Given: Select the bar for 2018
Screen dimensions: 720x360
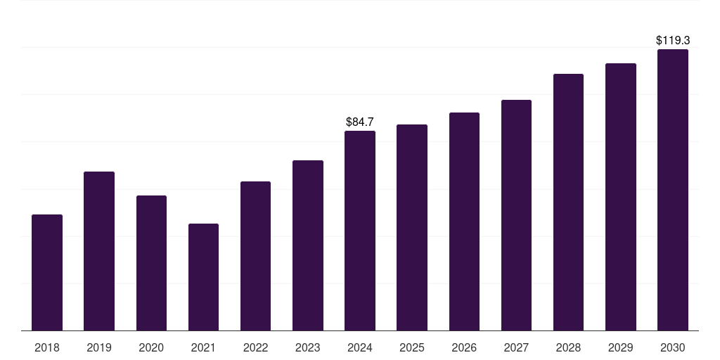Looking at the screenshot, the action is (x=47, y=272).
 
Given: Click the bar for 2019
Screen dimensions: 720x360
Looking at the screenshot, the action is (x=99, y=251).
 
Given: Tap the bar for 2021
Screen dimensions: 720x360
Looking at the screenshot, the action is (x=203, y=277).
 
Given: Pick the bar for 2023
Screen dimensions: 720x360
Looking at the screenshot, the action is (x=308, y=245).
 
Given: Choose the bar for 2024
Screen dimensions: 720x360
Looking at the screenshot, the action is (x=360, y=231).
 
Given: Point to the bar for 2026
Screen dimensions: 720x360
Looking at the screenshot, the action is (x=464, y=221).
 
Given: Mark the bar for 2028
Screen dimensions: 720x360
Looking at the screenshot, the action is (x=568, y=202).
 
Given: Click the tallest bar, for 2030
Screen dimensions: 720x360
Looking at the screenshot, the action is (x=673, y=190).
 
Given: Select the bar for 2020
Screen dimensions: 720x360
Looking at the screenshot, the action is (x=152, y=263).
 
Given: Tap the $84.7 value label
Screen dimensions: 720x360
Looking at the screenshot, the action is (x=360, y=122).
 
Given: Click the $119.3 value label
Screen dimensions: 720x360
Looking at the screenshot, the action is (x=673, y=40).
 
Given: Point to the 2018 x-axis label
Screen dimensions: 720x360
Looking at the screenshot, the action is (x=47, y=347).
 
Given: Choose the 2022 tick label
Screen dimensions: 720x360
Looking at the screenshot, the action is (x=255, y=347).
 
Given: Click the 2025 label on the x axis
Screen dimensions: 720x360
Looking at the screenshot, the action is (x=412, y=347).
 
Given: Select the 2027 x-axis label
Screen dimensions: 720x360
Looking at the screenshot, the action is (x=516, y=347).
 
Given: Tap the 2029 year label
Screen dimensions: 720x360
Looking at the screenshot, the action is (x=620, y=347).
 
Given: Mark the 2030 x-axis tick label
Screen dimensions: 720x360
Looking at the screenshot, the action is (x=673, y=347).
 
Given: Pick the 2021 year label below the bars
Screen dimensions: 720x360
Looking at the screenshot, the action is (x=203, y=347).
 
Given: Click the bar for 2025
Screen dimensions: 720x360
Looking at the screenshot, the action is (x=412, y=227).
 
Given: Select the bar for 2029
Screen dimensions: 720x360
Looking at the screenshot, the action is (x=621, y=197).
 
